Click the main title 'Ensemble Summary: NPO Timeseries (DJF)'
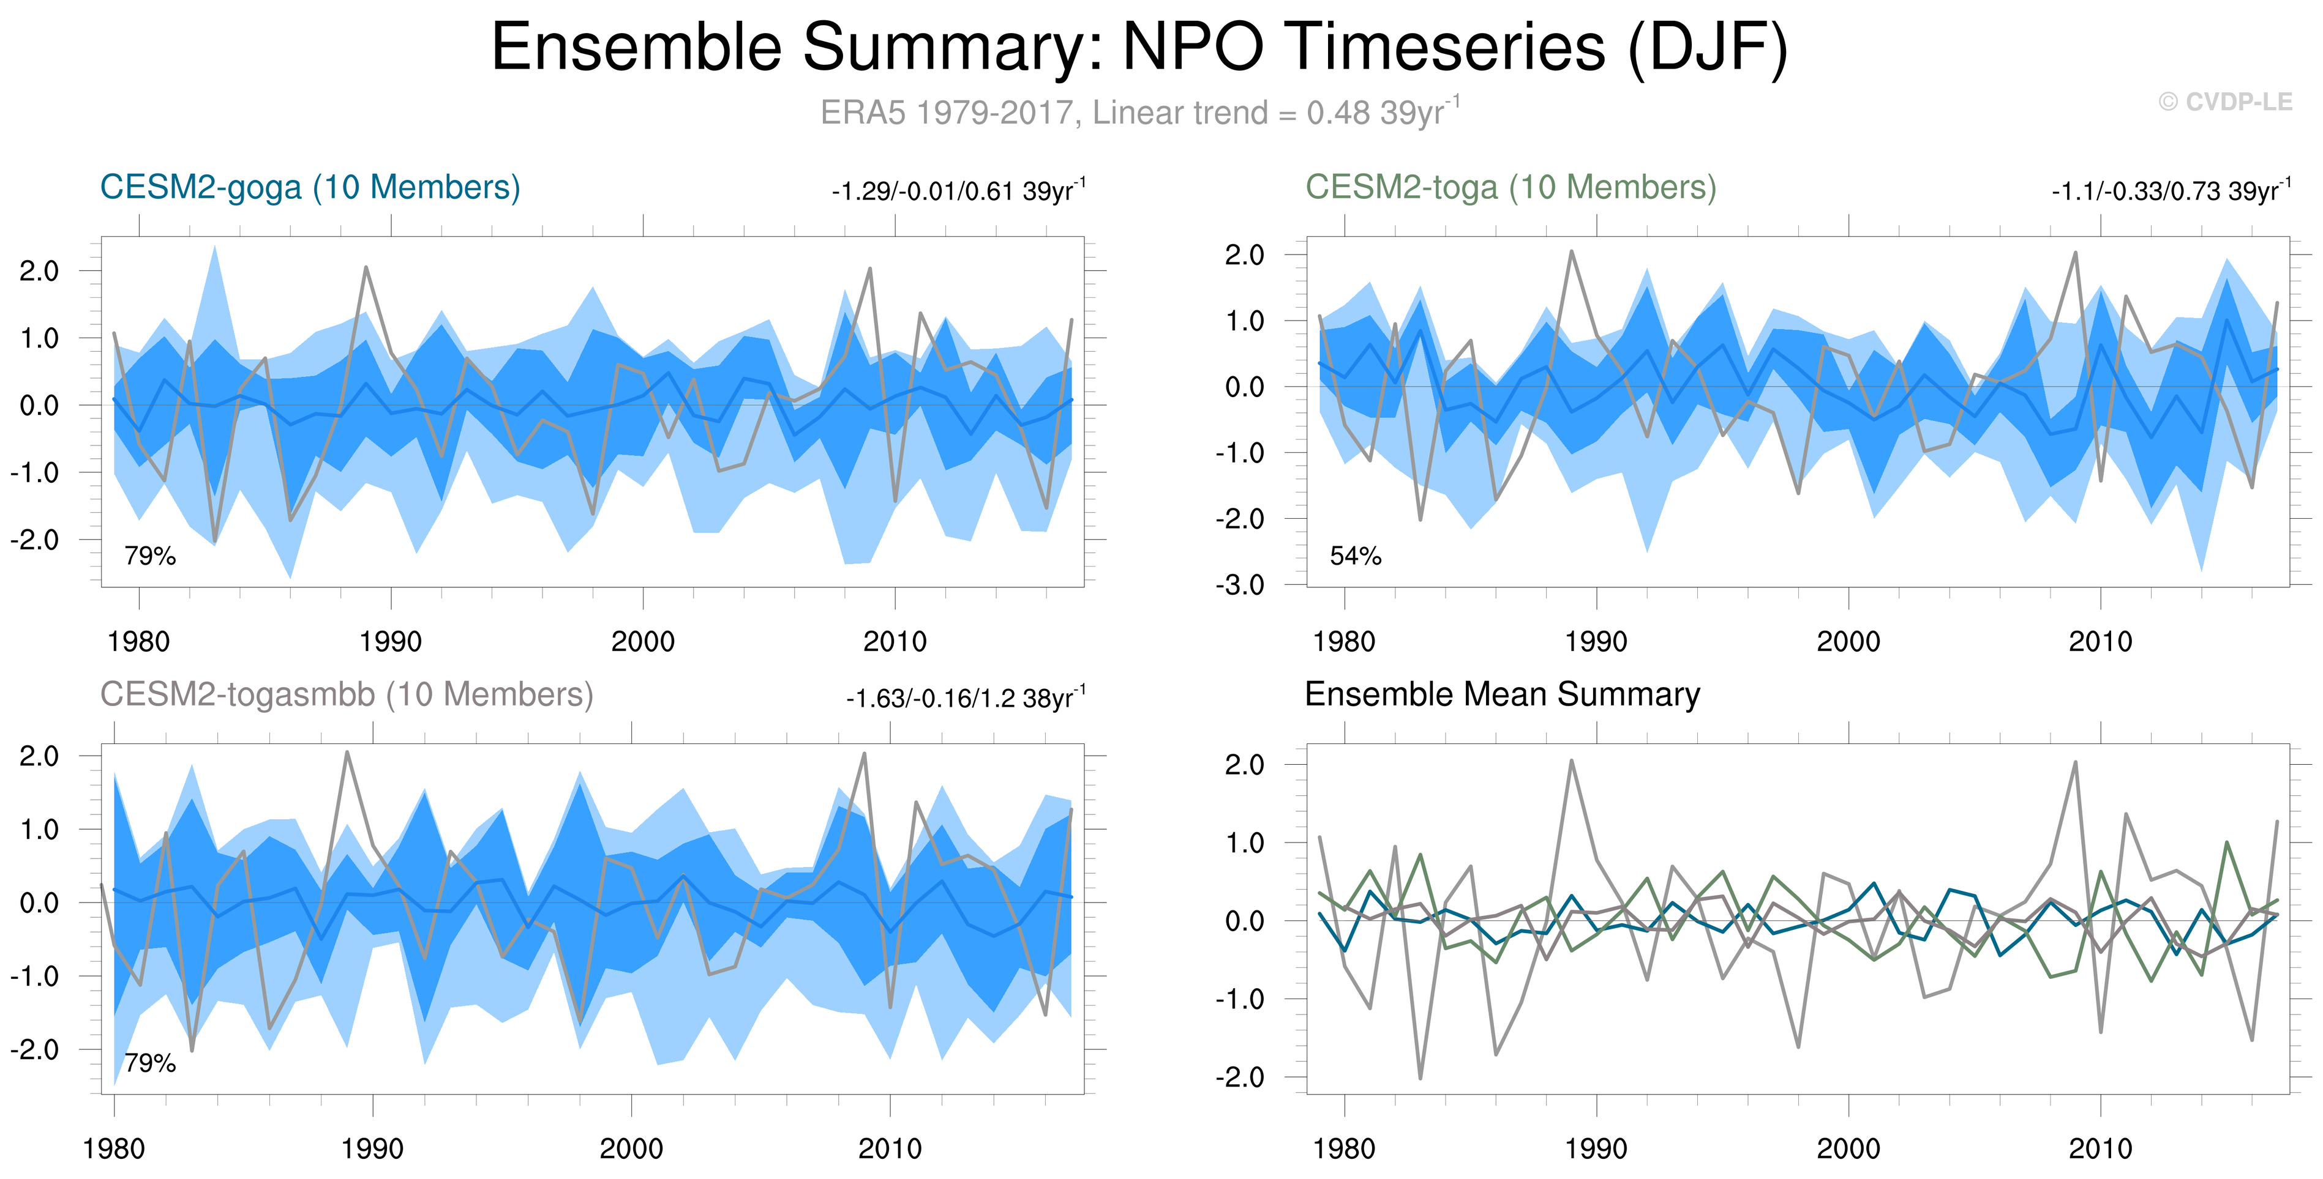coord(1139,47)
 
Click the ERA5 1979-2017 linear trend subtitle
coord(1139,113)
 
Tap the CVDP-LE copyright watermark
coord(2226,102)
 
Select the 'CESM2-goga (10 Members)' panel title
coord(310,187)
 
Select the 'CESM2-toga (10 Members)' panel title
coord(1511,187)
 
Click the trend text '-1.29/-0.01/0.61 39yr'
coord(958,191)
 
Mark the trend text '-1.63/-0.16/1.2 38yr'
coord(965,699)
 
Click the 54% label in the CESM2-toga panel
coord(1356,556)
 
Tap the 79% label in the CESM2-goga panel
coord(149,556)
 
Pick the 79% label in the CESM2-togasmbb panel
coord(149,1063)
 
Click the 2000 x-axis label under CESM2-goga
coord(642,642)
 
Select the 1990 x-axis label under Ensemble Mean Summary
coord(1596,1149)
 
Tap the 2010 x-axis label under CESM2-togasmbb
coord(890,1149)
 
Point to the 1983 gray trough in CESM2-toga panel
coord(1420,519)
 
